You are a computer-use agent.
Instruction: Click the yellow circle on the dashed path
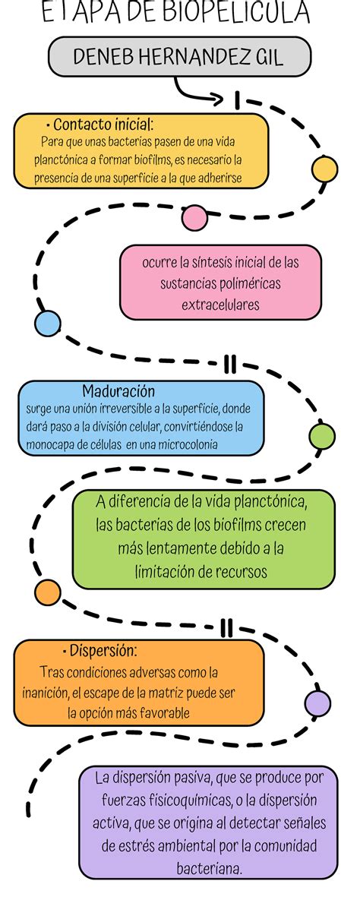(x=324, y=169)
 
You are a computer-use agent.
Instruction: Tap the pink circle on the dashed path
(x=194, y=218)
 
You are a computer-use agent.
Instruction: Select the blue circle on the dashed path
(x=48, y=323)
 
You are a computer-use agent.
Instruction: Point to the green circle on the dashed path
(x=322, y=437)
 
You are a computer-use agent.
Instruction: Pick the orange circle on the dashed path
(x=48, y=592)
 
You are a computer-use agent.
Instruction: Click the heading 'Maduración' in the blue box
(x=118, y=391)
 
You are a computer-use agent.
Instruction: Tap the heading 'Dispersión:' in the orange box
(x=99, y=650)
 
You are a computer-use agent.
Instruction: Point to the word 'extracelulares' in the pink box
(x=220, y=305)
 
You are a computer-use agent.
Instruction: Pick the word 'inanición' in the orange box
(x=46, y=692)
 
